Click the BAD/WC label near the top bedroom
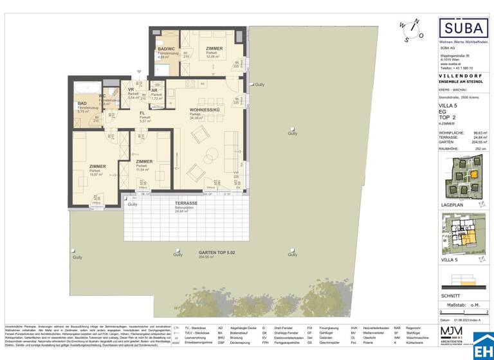(x=166, y=50)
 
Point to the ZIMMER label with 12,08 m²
(x=214, y=49)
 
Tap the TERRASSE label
(x=185, y=204)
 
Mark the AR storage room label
(x=154, y=91)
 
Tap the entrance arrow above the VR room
(x=137, y=73)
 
